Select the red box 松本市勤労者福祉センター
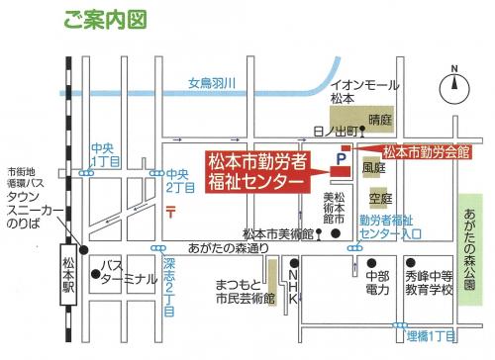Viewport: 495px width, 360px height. pyautogui.click(x=255, y=170)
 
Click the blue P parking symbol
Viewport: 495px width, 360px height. pyautogui.click(x=343, y=157)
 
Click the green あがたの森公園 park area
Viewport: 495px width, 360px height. pyautogui.click(x=470, y=242)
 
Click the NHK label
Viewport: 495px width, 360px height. pyautogui.click(x=293, y=287)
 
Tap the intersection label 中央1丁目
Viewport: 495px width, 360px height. pyautogui.click(x=105, y=153)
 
